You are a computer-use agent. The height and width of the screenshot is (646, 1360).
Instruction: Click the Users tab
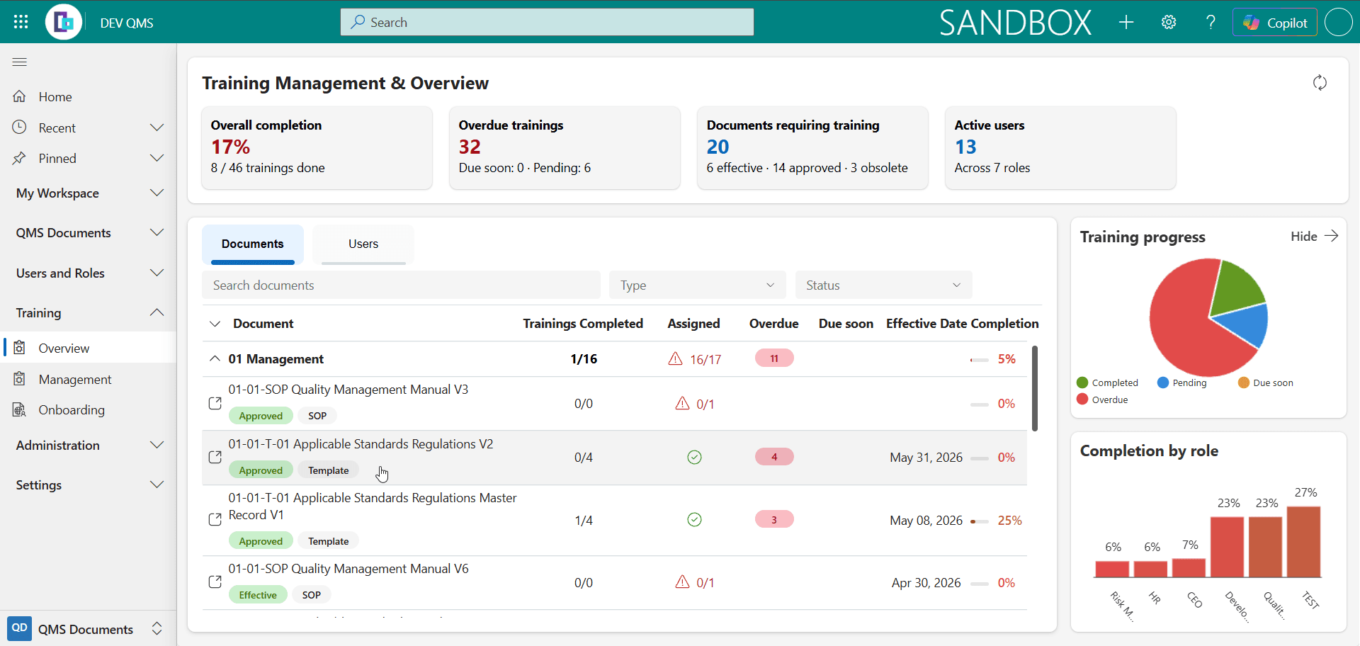click(x=363, y=244)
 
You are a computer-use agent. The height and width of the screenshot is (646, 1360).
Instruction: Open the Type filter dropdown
click(x=697, y=285)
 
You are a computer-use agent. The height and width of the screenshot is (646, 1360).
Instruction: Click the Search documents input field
click(x=401, y=285)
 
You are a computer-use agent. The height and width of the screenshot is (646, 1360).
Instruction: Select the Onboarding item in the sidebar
click(x=72, y=410)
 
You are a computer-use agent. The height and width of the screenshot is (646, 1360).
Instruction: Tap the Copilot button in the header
click(x=1275, y=23)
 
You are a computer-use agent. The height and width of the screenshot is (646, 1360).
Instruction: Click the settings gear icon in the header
click(x=1169, y=23)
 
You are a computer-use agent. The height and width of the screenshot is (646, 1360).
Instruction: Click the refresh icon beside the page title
click(x=1320, y=83)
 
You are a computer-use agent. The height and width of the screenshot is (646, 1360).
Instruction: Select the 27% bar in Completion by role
click(x=1304, y=542)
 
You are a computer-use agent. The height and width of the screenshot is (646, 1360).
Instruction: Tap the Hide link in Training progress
click(x=1304, y=237)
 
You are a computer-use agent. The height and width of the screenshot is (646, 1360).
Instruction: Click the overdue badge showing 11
click(x=774, y=358)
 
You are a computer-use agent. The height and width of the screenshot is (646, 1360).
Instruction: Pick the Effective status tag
click(x=258, y=595)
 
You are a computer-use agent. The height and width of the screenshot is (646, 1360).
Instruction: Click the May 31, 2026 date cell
click(x=926, y=458)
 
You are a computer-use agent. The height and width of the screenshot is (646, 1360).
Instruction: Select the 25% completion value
click(x=1009, y=521)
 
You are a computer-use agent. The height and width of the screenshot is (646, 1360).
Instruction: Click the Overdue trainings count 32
click(x=470, y=147)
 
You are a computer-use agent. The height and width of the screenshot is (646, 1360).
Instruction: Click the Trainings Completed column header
click(x=583, y=324)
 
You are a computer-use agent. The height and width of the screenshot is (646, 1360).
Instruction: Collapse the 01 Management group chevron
click(x=215, y=358)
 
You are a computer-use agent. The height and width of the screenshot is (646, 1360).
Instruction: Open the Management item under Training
click(x=75, y=380)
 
